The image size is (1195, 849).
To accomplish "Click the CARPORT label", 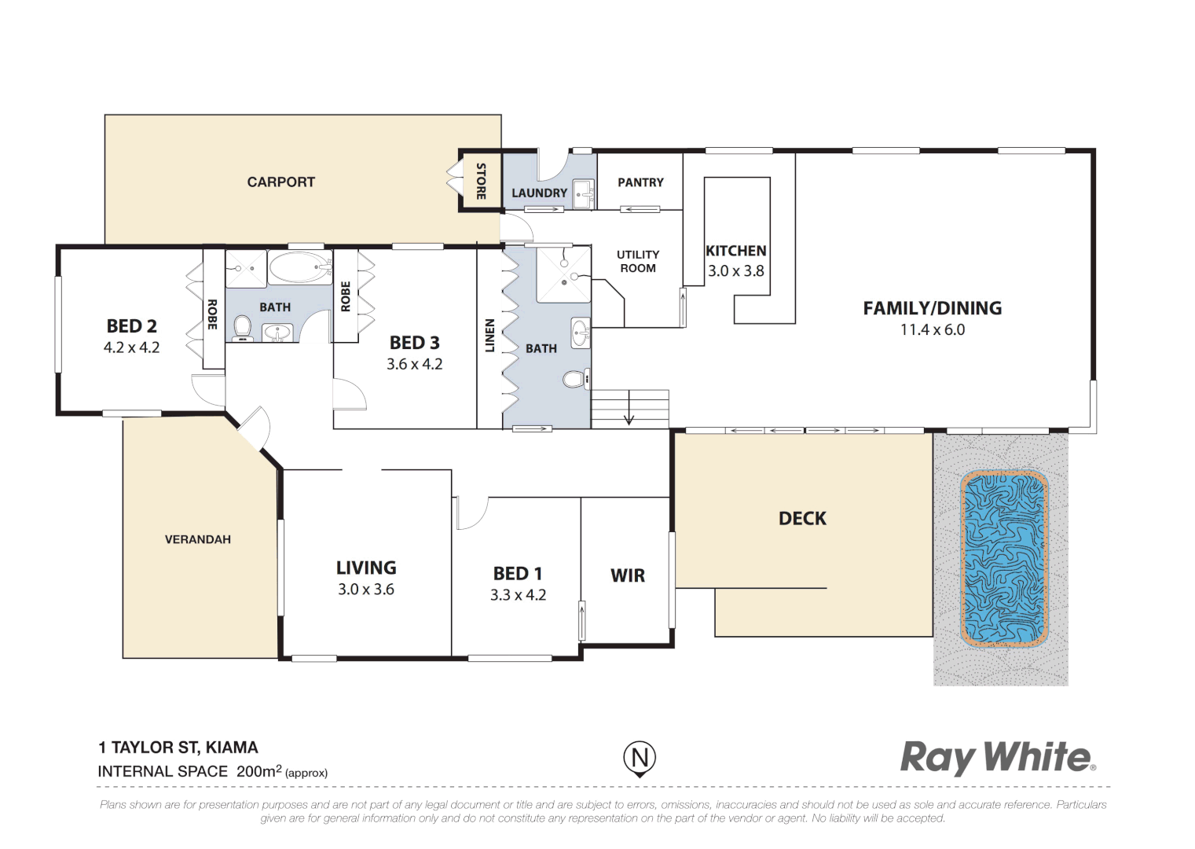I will coord(280,182).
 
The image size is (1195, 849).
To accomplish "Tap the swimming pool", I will coord(1004,559).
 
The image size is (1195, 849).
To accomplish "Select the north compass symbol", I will coord(640,759).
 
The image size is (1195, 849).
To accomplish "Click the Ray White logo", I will coord(997,758).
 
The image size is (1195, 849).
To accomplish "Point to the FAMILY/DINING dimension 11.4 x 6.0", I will coord(932,330).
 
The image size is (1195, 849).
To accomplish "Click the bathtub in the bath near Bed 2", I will coord(299,268).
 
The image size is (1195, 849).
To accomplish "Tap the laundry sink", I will coord(582,193).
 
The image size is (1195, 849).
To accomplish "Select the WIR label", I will coord(627,576).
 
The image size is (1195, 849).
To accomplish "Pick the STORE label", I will coord(481,181).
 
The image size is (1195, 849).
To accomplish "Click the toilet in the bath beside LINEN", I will coord(575,380).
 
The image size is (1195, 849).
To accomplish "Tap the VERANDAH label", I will coord(197,539).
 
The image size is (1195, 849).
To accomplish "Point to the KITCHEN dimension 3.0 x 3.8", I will coord(735,271).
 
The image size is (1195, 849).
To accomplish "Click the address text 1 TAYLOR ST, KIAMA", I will coord(178,748).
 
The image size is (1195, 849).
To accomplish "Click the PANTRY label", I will coord(640,182).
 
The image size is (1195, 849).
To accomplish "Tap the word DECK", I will coord(802,519).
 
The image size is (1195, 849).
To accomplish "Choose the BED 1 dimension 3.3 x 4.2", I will coord(518,595).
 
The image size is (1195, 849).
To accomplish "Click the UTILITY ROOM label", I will coord(637,261).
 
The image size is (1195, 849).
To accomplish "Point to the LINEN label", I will coord(489,335).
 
